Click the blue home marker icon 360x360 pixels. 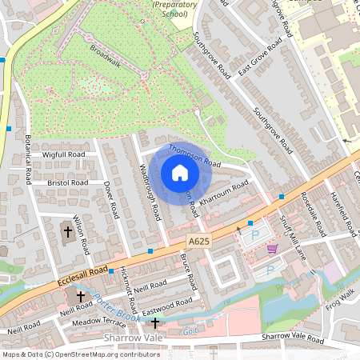click(180, 173)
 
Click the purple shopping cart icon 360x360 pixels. click(272, 248)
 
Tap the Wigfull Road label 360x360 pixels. click(64, 154)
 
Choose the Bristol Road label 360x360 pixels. click(68, 183)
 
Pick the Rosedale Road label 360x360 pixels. click(311, 212)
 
